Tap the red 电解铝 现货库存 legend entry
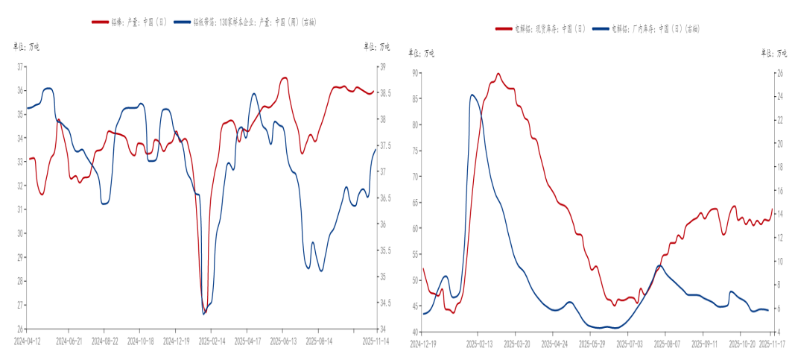(539, 29)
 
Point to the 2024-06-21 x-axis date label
(69, 340)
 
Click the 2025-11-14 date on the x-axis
(376, 340)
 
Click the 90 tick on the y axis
(415, 73)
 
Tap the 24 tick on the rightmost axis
(780, 97)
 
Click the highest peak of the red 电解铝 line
(498, 74)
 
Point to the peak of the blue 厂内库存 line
(472, 95)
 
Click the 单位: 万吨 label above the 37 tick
(26, 47)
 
